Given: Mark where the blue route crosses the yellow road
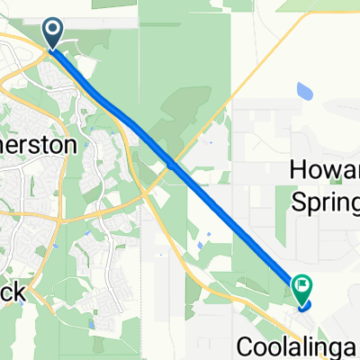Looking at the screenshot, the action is pyautogui.click(x=171, y=164).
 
